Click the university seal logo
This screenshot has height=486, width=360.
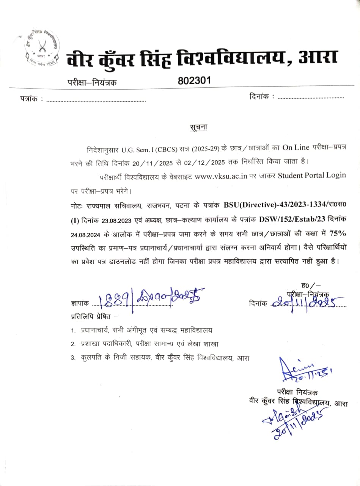[39, 48]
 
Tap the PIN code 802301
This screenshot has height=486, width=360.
[194, 80]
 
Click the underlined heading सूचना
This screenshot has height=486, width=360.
[198, 127]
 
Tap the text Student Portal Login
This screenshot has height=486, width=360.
[312, 175]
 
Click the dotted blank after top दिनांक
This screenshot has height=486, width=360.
[311, 98]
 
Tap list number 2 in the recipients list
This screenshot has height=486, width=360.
[73, 344]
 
